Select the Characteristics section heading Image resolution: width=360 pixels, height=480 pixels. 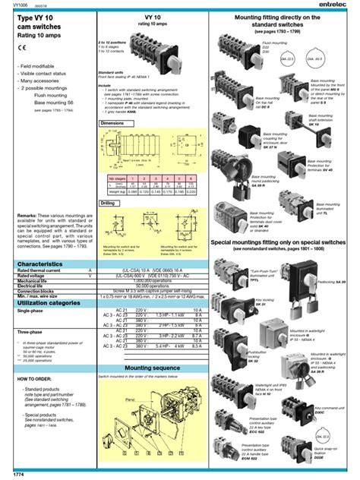click(37, 264)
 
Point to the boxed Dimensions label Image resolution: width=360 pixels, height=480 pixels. click(116, 122)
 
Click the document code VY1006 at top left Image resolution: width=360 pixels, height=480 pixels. click(13, 5)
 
